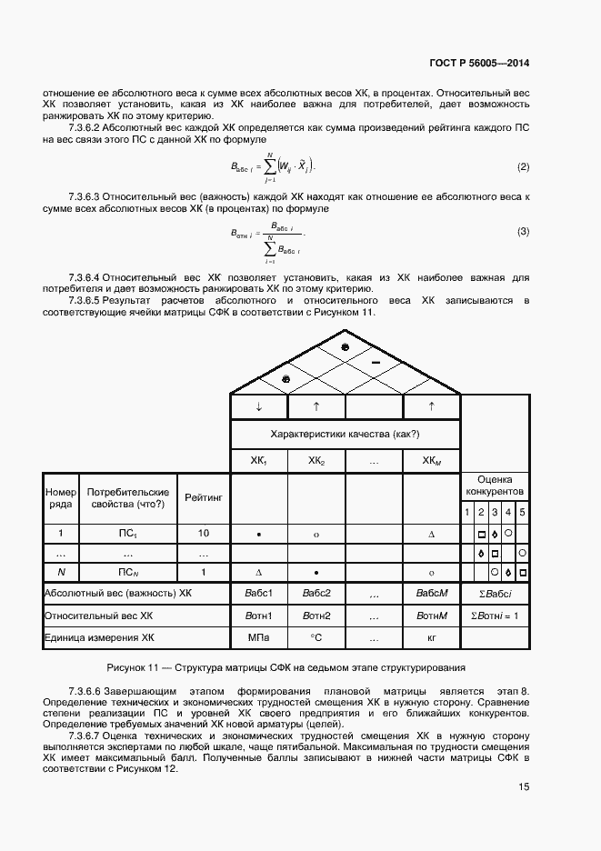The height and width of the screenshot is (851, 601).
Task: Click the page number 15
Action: coord(524,787)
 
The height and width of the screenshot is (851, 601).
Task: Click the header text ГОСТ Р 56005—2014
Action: coord(479,64)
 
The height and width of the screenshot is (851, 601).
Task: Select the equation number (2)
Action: coord(523,167)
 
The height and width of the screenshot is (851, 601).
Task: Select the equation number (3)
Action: coord(523,232)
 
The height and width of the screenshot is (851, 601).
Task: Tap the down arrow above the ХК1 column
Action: coord(259,406)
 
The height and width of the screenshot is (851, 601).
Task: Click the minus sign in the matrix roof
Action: coord(374,363)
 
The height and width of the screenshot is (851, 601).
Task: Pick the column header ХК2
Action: coord(316,461)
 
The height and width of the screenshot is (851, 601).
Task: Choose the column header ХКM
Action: coord(431,461)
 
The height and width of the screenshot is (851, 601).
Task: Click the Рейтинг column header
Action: coord(204,497)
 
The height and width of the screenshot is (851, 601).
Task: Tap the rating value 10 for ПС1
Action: coord(203,534)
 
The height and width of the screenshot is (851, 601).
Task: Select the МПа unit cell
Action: coord(259,638)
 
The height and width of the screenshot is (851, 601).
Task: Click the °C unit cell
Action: coord(316,638)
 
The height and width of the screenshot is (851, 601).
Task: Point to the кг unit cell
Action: coord(431,638)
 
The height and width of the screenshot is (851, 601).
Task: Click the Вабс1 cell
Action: coord(259,594)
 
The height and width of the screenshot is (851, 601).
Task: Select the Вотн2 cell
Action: coord(316,616)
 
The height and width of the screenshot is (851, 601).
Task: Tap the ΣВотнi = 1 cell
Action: coord(494,616)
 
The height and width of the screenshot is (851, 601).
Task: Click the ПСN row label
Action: coord(127,572)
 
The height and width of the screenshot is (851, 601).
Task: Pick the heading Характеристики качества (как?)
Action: coord(346,435)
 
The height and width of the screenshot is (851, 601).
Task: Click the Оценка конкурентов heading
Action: coord(494,485)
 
